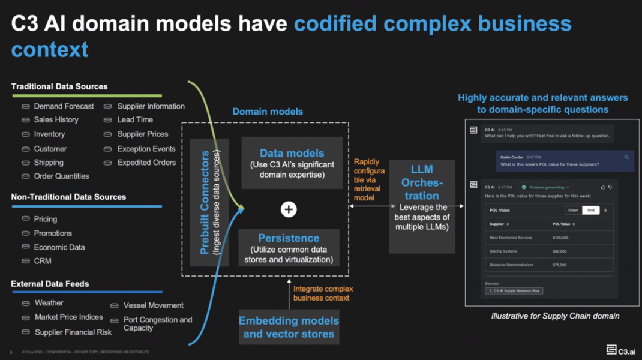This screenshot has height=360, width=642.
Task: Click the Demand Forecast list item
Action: click(64, 106)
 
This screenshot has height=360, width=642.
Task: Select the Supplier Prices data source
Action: click(142, 134)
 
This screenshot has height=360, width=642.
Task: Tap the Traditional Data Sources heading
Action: click(59, 86)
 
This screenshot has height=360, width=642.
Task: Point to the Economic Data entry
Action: click(59, 247)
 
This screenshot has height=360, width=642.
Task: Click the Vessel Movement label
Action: click(153, 305)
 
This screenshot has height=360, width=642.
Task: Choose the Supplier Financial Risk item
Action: click(73, 332)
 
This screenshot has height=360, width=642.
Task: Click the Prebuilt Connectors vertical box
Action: click(209, 202)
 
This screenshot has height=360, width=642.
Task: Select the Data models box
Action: click(292, 163)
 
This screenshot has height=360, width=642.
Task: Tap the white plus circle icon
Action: click(289, 209)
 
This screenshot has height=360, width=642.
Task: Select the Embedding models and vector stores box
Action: click(289, 327)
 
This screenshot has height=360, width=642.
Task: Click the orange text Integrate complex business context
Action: click(323, 293)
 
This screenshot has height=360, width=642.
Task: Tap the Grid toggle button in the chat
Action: click(590, 210)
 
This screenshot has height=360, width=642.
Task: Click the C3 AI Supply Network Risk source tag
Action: click(514, 290)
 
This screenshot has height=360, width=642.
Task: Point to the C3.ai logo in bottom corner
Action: click(620, 349)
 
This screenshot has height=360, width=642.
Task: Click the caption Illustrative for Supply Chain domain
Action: click(555, 316)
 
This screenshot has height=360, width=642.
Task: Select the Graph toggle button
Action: click(573, 210)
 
